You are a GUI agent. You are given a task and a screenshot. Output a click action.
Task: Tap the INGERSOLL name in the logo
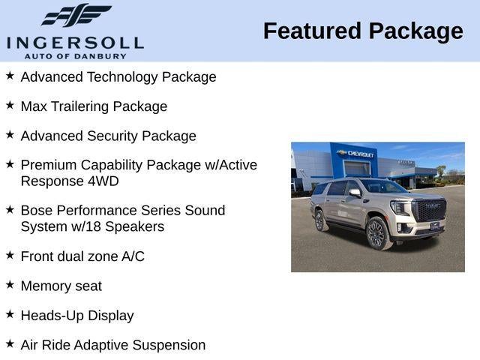coord(75,43)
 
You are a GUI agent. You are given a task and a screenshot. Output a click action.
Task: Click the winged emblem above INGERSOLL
coord(76,16)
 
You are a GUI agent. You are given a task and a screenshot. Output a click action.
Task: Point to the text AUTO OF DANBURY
coord(75,55)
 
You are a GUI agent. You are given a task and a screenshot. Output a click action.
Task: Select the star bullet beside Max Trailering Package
coord(10,106)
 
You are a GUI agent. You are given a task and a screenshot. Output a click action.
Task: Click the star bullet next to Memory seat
coord(10,285)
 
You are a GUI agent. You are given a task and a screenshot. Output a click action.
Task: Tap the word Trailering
coord(85,106)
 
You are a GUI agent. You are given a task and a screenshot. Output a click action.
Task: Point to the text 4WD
coord(103,181)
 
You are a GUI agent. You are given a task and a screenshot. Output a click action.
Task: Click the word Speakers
coord(136,226)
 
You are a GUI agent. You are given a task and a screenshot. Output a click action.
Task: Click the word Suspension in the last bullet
coord(169,345)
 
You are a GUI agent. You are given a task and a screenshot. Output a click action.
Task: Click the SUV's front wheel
coord(376,234)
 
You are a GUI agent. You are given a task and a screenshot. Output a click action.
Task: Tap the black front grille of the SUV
coord(430,211)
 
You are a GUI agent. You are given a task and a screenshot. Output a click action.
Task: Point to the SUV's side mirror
coord(355,193)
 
